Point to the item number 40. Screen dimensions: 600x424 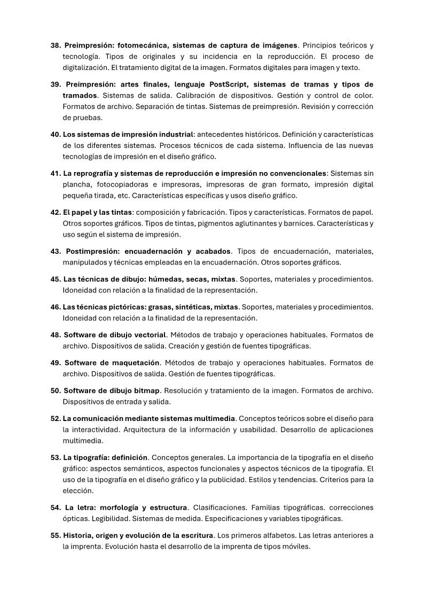tap(56, 134)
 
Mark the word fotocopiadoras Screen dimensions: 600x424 tap(116, 184)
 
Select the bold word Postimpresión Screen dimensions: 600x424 tap(92, 251)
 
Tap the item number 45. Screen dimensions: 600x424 tap(56, 279)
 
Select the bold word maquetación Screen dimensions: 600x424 tap(137, 362)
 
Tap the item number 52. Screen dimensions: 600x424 tap(56, 418)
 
